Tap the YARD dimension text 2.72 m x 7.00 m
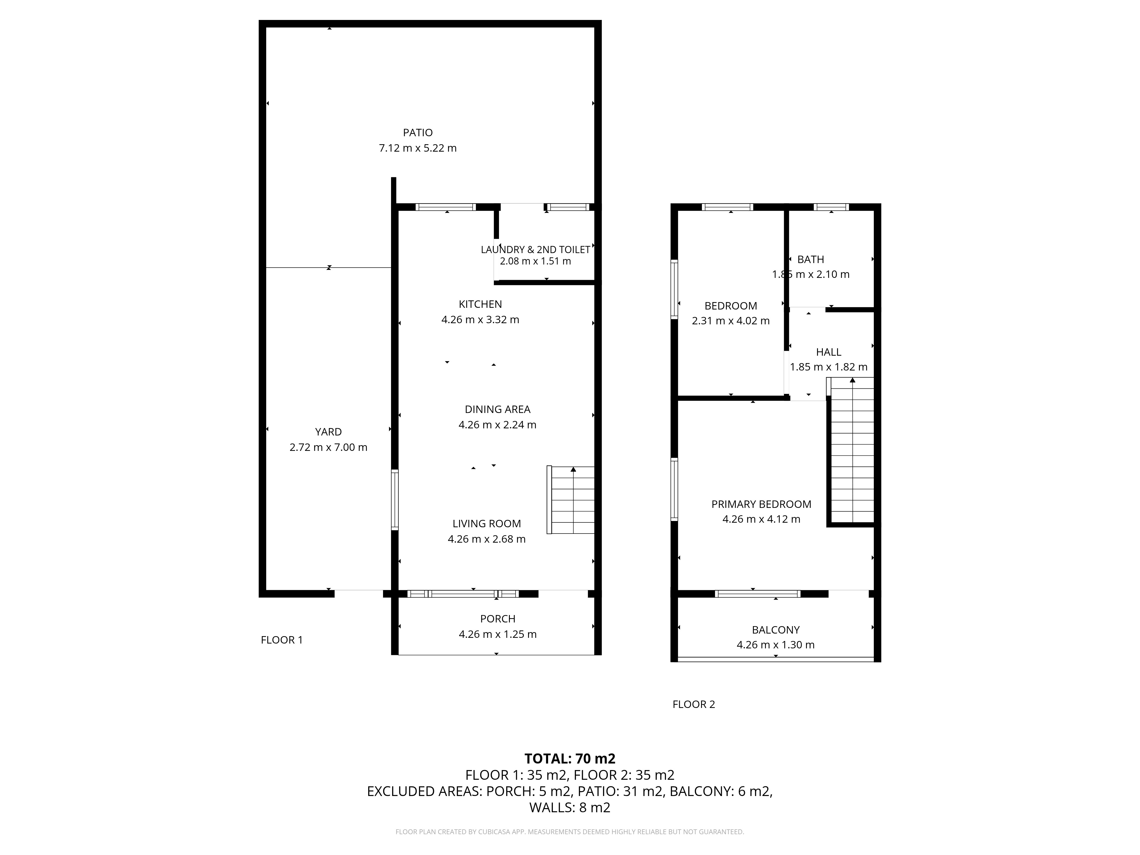(x=328, y=447)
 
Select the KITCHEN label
(x=480, y=304)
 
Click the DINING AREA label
(x=497, y=409)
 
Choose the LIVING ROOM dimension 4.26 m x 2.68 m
(x=486, y=539)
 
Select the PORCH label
(x=497, y=618)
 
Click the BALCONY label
(x=776, y=630)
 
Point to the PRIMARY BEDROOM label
(x=761, y=504)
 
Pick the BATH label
(x=811, y=259)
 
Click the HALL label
(x=829, y=352)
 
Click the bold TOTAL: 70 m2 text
(x=570, y=759)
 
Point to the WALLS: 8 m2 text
(x=570, y=808)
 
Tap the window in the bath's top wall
(x=831, y=207)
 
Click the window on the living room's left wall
(x=395, y=500)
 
